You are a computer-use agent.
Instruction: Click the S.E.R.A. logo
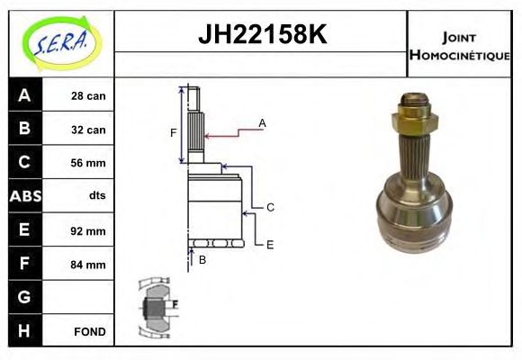[x=59, y=41]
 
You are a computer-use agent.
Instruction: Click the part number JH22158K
[x=261, y=36]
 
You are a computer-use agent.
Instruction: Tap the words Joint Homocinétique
[x=460, y=45]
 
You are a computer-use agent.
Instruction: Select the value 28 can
[x=88, y=95]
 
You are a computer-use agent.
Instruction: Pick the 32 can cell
[x=88, y=130]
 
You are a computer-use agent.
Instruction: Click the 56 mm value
[x=88, y=163]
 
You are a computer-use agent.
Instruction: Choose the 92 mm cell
[x=88, y=230]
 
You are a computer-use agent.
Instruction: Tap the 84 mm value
[x=88, y=265]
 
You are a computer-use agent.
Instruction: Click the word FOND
[x=90, y=332]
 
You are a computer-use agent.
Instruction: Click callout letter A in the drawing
[x=262, y=121]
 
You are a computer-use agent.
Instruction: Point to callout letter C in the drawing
[x=269, y=207]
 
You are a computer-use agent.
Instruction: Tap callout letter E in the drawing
[x=269, y=243]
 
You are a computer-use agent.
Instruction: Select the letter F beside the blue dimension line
[x=174, y=134]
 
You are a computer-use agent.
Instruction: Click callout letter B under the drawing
[x=202, y=260]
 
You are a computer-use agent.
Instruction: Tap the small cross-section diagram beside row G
[x=157, y=306]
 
